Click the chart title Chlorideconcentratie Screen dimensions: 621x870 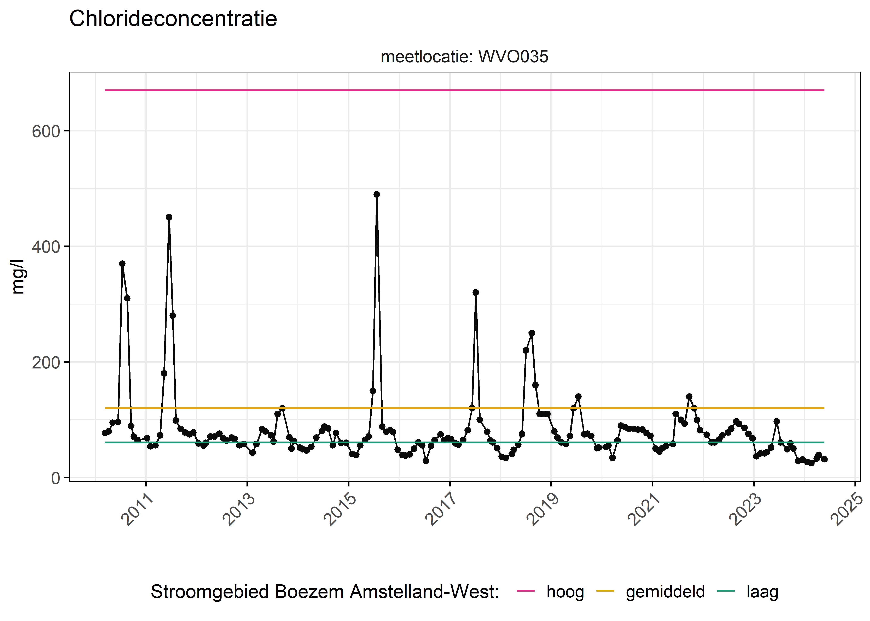pos(173,19)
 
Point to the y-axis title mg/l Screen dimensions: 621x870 pos(18,277)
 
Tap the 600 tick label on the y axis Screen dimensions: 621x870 pos(46,131)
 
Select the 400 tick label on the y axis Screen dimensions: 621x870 pos(46,247)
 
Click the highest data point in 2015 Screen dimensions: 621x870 pos(376,194)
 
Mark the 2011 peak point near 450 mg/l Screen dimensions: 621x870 pos(169,217)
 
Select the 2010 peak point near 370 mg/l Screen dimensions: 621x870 pos(122,264)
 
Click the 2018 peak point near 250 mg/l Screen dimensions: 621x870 pos(531,333)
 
